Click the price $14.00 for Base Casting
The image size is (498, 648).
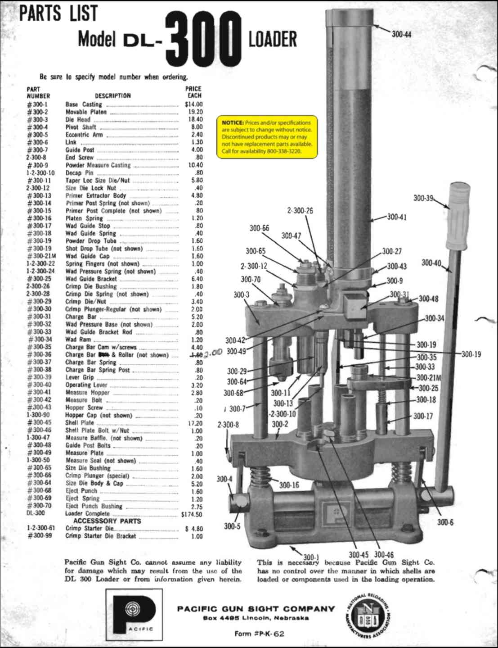coord(194,104)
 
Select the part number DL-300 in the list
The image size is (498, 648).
coord(36,513)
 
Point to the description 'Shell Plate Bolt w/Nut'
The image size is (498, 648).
coord(97,430)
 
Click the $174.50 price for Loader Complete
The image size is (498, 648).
coord(192,514)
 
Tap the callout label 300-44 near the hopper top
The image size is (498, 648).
coord(401,34)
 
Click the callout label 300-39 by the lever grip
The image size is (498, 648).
coord(423,198)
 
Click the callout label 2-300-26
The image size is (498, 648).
coord(300,211)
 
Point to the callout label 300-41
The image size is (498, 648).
coord(396,217)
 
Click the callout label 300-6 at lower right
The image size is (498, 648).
coord(445,522)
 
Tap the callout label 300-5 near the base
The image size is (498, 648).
coord(232,526)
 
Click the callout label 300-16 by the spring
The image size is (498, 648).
coord(289,485)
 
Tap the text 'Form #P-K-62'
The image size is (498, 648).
coord(259,634)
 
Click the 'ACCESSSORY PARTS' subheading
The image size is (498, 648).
coord(107,521)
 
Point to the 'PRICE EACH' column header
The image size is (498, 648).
coord(193,92)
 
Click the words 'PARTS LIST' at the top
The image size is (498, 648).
coord(58,14)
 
